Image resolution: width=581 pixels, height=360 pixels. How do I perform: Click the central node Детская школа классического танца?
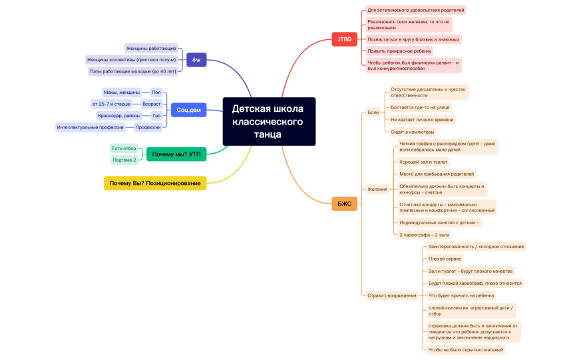click(x=268, y=121)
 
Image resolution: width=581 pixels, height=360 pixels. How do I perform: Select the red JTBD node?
click(x=344, y=39)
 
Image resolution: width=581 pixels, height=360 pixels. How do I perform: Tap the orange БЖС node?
click(x=344, y=204)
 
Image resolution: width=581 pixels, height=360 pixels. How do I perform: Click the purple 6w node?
click(x=196, y=60)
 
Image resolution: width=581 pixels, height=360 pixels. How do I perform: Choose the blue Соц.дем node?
click(x=188, y=110)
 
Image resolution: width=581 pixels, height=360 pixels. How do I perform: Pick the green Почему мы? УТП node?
click(x=176, y=154)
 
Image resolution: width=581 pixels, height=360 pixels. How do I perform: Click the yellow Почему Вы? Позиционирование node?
click(x=155, y=183)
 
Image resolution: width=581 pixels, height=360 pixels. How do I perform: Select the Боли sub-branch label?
click(x=373, y=112)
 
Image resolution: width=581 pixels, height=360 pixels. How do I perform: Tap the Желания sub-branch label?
click(x=377, y=189)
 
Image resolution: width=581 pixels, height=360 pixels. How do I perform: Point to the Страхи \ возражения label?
click(x=392, y=295)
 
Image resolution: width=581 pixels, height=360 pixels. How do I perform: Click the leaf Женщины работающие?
click(x=151, y=49)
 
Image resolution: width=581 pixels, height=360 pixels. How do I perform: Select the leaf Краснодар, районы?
click(x=119, y=116)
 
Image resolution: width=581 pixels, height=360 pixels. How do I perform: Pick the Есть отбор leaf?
click(x=124, y=148)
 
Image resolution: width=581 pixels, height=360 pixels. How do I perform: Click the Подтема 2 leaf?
click(x=124, y=160)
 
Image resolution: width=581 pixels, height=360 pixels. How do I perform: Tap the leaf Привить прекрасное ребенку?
click(x=399, y=51)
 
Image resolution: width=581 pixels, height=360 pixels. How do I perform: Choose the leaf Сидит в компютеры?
click(x=412, y=132)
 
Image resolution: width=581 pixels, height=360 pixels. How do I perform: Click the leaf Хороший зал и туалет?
click(x=423, y=162)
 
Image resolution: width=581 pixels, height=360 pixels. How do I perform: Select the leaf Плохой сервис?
click(x=445, y=259)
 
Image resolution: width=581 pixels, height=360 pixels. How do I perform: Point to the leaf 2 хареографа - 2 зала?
click(x=424, y=235)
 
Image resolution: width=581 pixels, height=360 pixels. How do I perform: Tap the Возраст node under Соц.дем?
click(x=152, y=104)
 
